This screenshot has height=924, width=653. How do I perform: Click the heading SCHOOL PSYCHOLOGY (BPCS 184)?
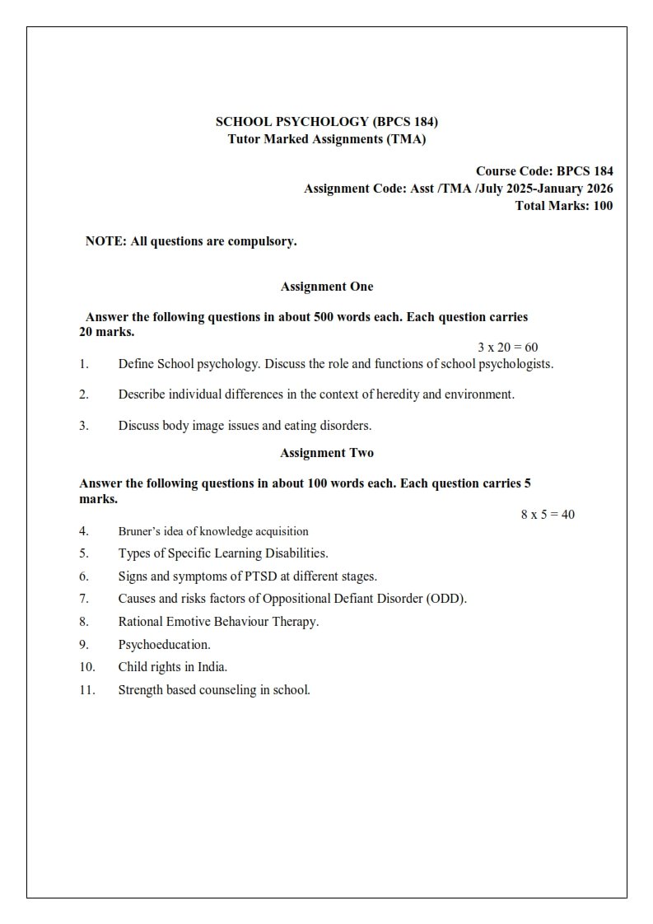pyautogui.click(x=326, y=122)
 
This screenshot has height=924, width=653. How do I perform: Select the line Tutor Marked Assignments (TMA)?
pyautogui.click(x=326, y=139)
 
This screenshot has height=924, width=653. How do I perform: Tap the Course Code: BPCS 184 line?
pyautogui.click(x=543, y=171)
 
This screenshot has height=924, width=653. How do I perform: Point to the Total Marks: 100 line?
pyautogui.click(x=563, y=206)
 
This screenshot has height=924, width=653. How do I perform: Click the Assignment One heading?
pyautogui.click(x=326, y=287)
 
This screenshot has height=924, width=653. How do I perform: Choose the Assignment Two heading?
pyautogui.click(x=326, y=453)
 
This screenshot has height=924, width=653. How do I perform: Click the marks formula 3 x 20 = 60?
pyautogui.click(x=507, y=348)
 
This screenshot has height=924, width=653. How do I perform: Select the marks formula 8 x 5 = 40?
pyautogui.click(x=548, y=515)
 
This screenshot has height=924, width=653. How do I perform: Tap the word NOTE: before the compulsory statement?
pyautogui.click(x=105, y=241)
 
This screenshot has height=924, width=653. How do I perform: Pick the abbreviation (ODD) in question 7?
pyautogui.click(x=446, y=599)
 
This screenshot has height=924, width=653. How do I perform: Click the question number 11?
pyautogui.click(x=87, y=690)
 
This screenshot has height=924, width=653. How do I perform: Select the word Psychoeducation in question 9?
pyautogui.click(x=164, y=645)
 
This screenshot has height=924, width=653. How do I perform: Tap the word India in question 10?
pyautogui.click(x=211, y=667)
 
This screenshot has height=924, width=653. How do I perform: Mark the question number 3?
pyautogui.click(x=84, y=426)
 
